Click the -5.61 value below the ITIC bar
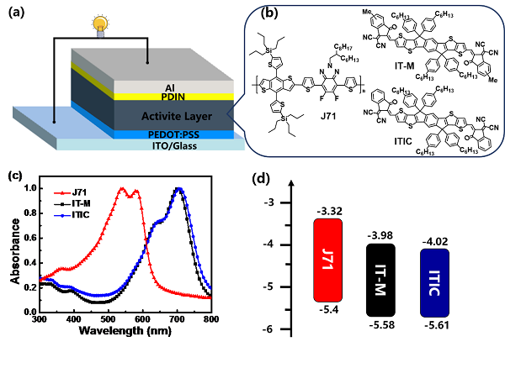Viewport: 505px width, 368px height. tap(438, 321)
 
